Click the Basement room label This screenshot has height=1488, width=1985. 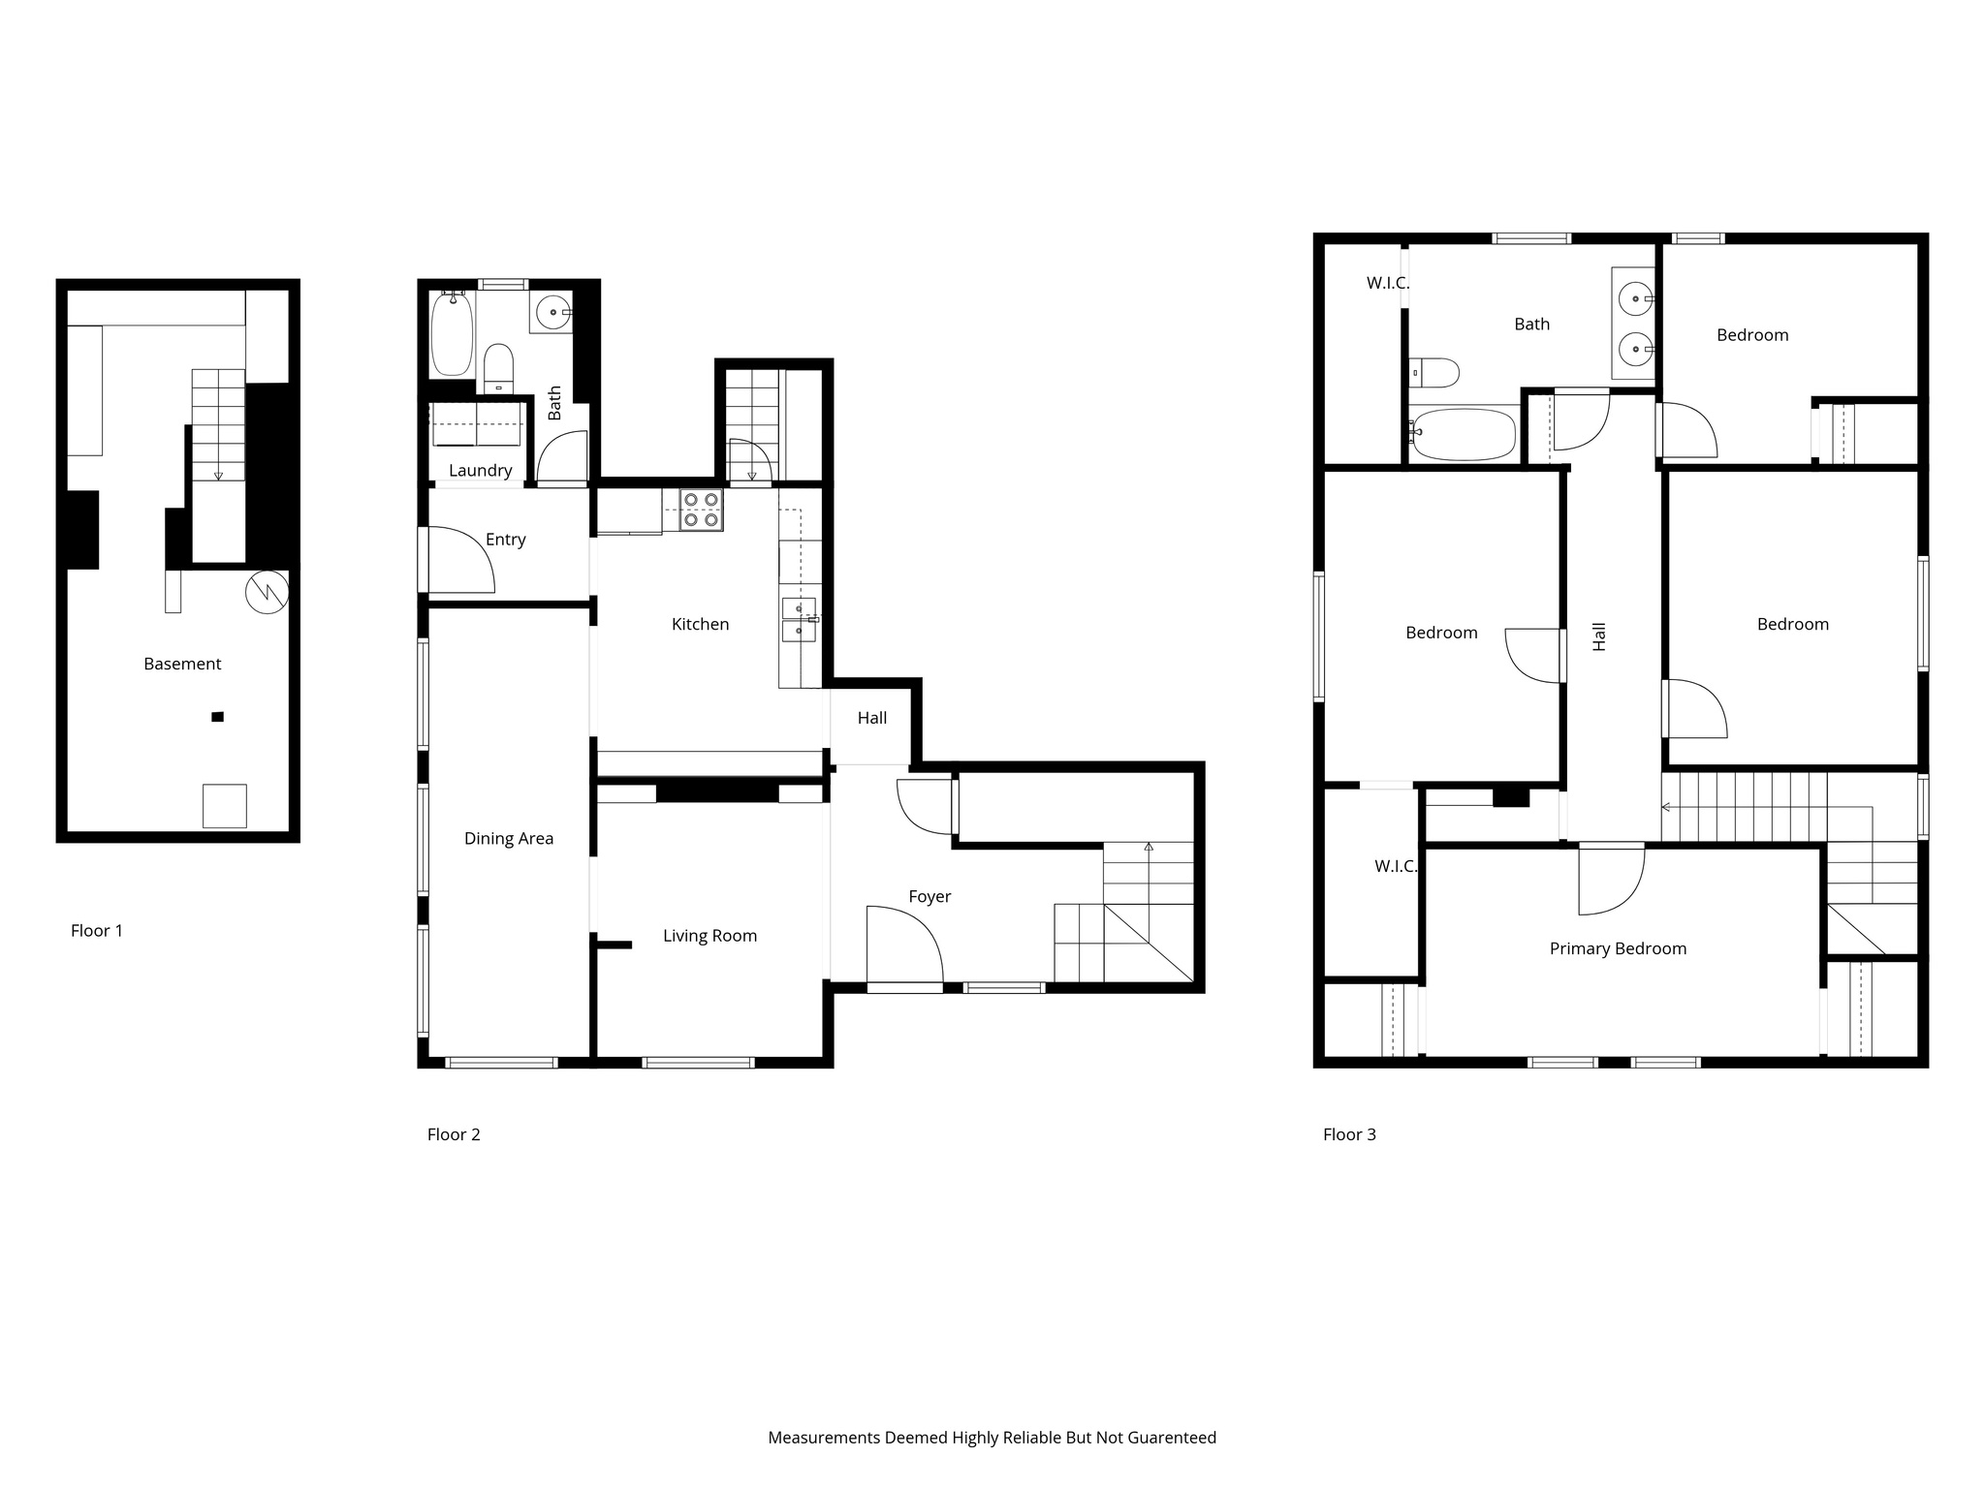point(182,664)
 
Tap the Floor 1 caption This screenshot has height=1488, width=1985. point(97,931)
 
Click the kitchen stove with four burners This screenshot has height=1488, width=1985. point(701,511)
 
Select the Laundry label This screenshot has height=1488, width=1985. point(480,471)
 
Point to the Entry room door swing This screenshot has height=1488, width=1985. point(461,560)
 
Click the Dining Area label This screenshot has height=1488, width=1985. point(508,839)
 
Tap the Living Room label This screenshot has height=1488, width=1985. point(709,936)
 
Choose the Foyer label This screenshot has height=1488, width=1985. point(929,897)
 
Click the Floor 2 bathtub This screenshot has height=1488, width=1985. point(452,333)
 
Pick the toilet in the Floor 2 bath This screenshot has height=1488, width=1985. point(498,367)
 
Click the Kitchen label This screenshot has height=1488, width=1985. point(700,625)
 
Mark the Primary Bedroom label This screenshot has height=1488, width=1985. point(1618,949)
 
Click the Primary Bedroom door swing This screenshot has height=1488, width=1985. point(1611,880)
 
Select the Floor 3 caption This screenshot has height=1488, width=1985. point(1349,1134)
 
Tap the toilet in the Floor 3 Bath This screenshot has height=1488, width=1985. point(1435,372)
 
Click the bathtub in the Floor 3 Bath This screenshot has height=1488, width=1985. point(1464,434)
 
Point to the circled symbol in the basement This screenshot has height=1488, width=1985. point(267,592)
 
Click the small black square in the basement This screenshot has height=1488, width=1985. point(218,717)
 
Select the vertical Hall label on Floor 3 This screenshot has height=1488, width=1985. point(1599,636)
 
